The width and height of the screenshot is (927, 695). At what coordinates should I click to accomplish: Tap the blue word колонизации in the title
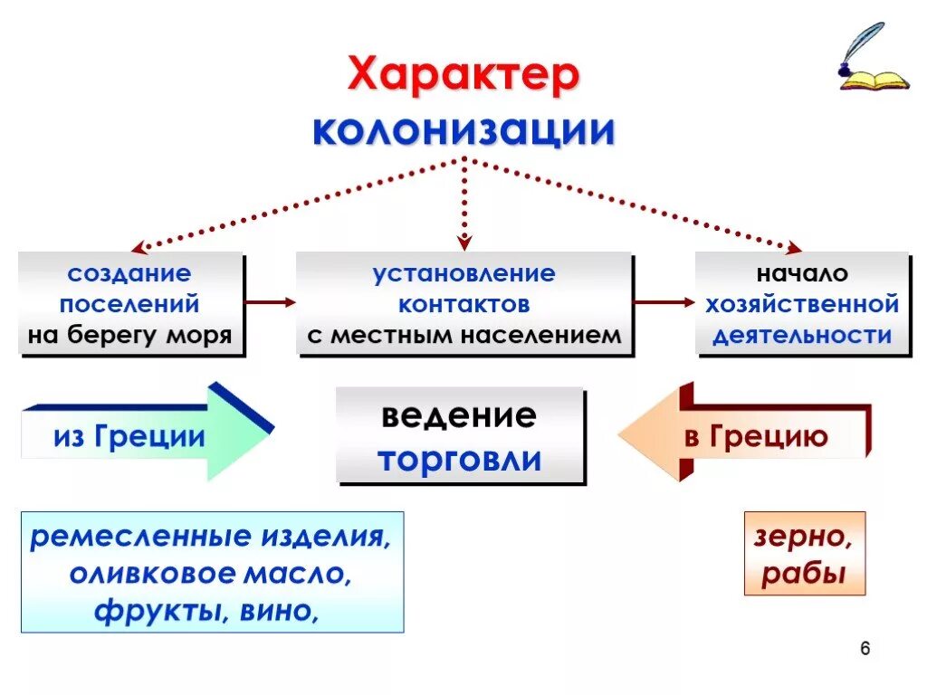click(x=463, y=131)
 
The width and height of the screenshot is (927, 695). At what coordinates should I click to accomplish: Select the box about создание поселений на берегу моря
click(x=130, y=304)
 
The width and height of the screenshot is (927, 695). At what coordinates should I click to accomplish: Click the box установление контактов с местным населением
click(x=463, y=304)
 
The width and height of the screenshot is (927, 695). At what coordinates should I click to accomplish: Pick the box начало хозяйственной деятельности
click(x=801, y=304)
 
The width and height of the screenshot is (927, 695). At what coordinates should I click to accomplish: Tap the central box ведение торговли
click(x=460, y=437)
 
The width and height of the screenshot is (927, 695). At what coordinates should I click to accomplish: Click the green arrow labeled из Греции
click(x=145, y=436)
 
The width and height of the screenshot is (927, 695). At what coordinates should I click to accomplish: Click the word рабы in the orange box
click(x=803, y=574)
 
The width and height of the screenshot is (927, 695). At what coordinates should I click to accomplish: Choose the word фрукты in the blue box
click(x=159, y=611)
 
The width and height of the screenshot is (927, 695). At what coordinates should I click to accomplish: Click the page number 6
click(x=865, y=649)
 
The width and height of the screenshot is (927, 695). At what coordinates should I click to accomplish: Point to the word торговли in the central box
click(x=460, y=459)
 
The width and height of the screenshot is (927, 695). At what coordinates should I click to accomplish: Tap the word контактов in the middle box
click(x=464, y=304)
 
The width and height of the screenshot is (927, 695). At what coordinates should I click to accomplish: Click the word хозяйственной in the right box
click(x=802, y=304)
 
